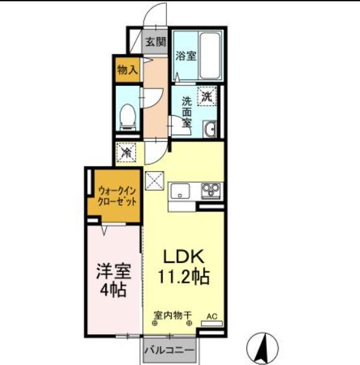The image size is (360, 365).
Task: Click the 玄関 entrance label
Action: point(155,42)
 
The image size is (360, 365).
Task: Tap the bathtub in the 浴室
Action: point(210,56)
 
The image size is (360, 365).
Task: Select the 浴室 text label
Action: point(186,56)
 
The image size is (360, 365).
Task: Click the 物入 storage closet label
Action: point(127,70)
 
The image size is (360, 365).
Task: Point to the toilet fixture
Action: point(127,117)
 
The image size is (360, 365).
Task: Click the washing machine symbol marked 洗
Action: point(207,96)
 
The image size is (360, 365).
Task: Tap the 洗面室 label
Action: point(186,112)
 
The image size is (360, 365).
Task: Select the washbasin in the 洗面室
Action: point(210,129)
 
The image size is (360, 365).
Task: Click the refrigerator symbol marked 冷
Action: point(126,152)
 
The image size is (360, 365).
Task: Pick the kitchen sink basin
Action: point(180,191)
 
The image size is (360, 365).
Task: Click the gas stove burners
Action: point(211,191)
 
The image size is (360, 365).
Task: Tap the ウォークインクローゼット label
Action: point(117,196)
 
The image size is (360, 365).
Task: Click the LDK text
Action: point(184,256)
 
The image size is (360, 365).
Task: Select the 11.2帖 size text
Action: point(184,277)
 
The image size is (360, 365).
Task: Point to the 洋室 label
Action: point(114,271)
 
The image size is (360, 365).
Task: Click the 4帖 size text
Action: point(113,290)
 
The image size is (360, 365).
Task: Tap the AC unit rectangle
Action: point(212,323)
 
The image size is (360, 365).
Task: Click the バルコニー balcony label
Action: point(169,350)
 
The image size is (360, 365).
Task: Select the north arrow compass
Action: point(263,349)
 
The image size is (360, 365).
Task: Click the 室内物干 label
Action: point(173,316)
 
